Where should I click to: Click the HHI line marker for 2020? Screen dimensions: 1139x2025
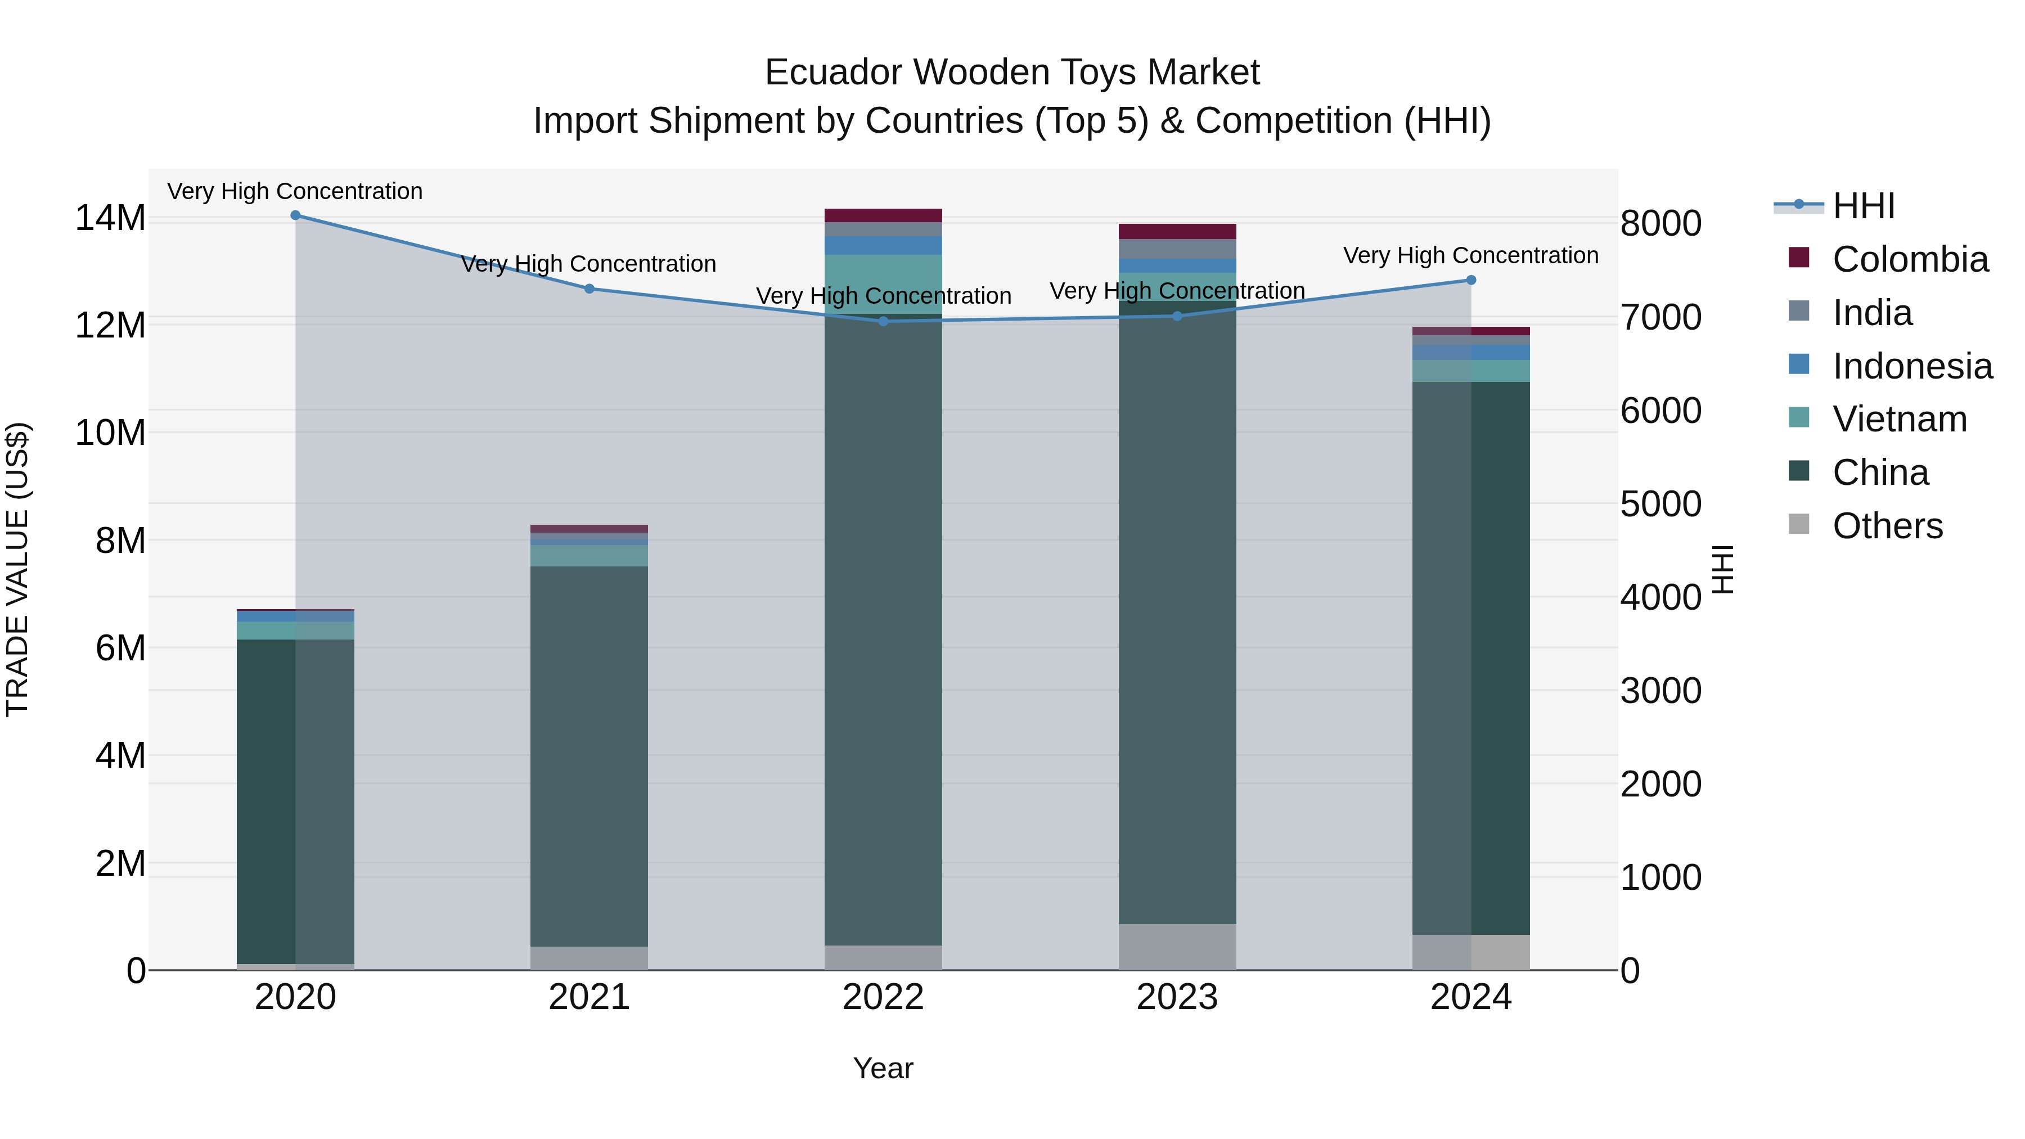295,215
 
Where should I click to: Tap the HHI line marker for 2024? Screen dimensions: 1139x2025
1471,280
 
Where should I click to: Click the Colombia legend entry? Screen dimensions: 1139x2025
1910,259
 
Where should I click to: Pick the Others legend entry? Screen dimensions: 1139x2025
1887,526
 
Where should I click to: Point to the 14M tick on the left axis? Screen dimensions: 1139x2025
110,218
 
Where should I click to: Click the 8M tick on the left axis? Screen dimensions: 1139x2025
120,541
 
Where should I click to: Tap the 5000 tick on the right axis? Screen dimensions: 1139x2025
1661,504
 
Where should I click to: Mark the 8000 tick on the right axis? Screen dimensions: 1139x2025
1661,223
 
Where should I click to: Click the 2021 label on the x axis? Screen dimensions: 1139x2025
589,997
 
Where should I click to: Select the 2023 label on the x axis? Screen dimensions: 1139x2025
1177,997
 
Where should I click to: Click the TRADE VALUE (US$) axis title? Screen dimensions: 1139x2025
17,569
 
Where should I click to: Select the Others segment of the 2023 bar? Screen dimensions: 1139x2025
1177,947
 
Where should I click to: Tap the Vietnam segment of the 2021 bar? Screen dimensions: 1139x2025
589,556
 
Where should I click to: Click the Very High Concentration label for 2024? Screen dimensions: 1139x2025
1471,255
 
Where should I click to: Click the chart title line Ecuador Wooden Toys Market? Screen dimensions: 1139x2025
1012,73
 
